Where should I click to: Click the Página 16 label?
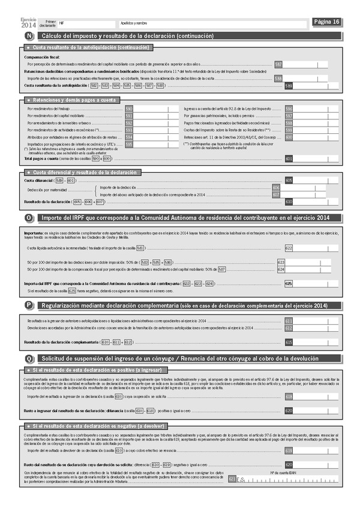(327, 22)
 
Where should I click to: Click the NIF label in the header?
(61, 23)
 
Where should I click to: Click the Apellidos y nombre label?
(133, 23)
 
